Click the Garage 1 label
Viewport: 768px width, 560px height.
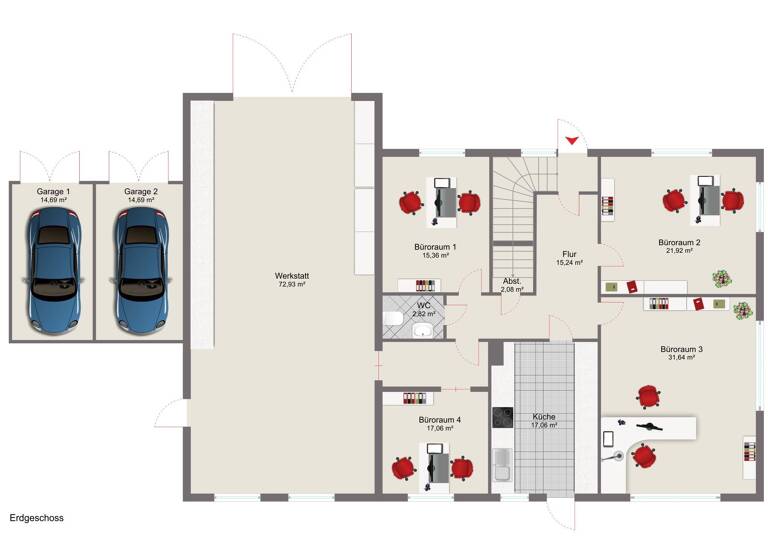coord(53,191)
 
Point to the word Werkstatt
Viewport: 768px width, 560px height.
coord(291,275)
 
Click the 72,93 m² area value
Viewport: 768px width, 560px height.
coord(291,285)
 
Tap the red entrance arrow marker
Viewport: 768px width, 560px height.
coord(571,142)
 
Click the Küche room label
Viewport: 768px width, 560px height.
coord(544,416)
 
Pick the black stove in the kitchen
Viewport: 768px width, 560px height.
coord(502,417)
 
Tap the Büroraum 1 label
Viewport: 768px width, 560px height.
coord(435,246)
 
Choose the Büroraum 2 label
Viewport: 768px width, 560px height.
coord(679,242)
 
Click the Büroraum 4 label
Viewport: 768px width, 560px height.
coord(439,419)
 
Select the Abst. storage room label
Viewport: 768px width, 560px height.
coord(511,281)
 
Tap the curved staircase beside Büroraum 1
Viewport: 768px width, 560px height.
coord(516,195)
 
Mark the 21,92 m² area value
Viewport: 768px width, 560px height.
coord(679,252)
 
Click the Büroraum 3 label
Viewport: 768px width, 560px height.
coord(681,349)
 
